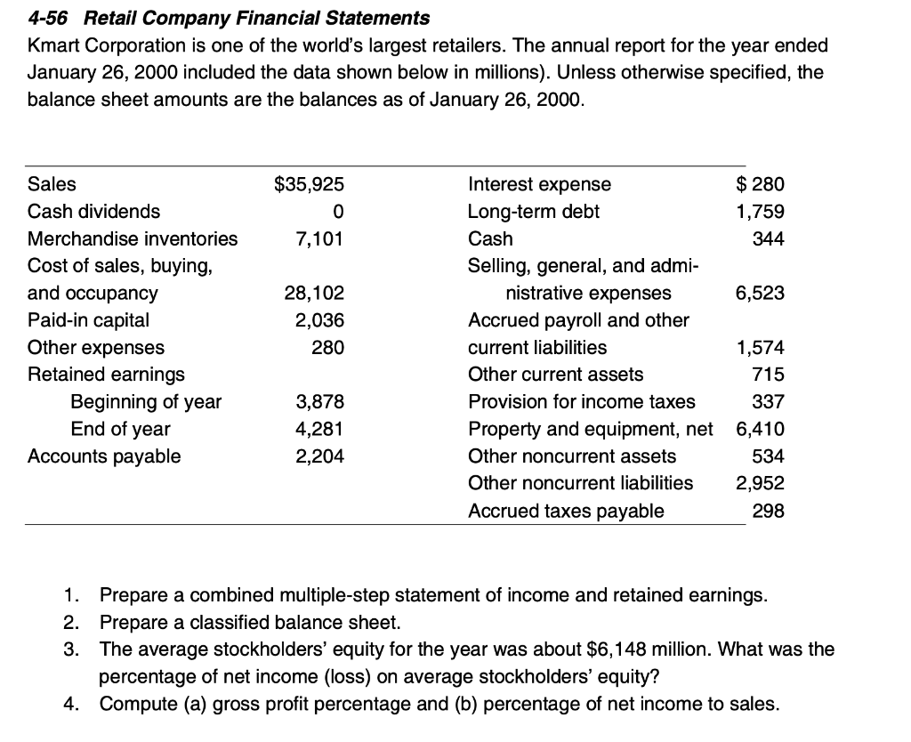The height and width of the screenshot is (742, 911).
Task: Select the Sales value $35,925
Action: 308,184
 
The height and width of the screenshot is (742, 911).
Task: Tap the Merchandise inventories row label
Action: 133,238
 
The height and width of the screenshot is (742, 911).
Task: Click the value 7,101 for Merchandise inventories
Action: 319,238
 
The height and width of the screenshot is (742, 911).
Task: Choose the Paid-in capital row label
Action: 89,319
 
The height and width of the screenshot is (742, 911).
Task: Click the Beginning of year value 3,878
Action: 319,402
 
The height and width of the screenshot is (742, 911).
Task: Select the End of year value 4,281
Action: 319,429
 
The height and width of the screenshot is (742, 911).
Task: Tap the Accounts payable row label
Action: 104,456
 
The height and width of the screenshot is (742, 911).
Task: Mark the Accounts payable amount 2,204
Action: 319,456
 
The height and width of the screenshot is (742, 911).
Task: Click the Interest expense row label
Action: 539,184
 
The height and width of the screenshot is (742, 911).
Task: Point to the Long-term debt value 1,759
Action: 760,212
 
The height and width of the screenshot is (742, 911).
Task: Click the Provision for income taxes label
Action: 582,402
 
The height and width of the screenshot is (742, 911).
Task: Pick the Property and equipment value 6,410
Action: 760,429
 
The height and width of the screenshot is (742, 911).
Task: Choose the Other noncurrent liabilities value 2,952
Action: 760,483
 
